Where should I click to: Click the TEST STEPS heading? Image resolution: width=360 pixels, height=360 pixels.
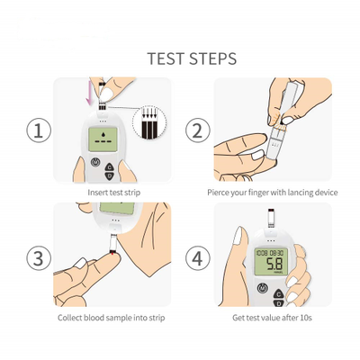(192, 58)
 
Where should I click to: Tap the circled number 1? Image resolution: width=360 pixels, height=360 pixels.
(39, 130)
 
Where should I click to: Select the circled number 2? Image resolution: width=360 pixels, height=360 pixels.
(197, 130)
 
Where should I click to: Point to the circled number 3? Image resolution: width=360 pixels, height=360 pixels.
(39, 258)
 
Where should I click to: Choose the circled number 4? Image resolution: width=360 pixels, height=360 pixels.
(197, 258)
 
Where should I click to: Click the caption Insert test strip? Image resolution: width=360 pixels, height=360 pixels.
(114, 193)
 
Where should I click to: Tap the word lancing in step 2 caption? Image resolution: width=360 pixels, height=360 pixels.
(301, 193)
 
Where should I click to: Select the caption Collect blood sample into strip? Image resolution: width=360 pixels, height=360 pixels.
(112, 318)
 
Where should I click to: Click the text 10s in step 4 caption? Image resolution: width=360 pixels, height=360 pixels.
(306, 318)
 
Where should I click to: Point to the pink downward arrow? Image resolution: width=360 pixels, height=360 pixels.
(89, 92)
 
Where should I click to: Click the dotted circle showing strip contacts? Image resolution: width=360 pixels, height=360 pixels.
(149, 123)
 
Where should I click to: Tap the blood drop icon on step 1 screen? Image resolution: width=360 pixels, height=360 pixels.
(103, 134)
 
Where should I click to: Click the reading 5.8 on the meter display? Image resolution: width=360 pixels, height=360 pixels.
(274, 264)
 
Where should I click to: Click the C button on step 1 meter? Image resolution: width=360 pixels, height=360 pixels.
(110, 167)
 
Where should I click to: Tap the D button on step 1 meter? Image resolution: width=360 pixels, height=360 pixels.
(110, 176)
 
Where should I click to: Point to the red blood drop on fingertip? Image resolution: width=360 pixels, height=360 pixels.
(112, 254)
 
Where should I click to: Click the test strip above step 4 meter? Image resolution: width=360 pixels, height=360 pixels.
(271, 218)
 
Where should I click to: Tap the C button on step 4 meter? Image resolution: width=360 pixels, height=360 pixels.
(279, 294)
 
